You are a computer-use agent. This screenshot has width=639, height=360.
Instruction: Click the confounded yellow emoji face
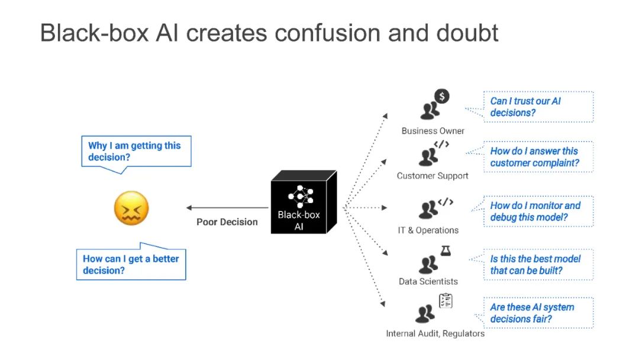[x=131, y=208]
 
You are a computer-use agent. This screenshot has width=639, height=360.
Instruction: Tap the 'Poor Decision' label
[x=227, y=222]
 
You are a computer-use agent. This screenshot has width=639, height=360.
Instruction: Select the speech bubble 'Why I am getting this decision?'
[x=135, y=152]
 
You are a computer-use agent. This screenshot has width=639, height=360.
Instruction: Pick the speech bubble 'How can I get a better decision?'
[x=131, y=265]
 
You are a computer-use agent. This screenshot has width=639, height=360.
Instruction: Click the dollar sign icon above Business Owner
[x=441, y=96]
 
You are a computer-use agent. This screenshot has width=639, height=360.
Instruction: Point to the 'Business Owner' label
[x=433, y=131]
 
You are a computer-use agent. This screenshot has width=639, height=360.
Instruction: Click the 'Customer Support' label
[x=433, y=176]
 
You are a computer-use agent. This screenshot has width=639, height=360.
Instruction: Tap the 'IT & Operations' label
[x=428, y=230]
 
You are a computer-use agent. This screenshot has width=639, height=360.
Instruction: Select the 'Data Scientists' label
[x=428, y=281]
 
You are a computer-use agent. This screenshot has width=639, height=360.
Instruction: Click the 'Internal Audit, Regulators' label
[x=435, y=333]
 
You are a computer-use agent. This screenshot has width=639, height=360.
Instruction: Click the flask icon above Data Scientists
[x=446, y=251]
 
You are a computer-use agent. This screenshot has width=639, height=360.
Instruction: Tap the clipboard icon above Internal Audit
[x=446, y=301]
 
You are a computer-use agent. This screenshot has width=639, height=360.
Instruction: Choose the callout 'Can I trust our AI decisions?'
[x=538, y=107]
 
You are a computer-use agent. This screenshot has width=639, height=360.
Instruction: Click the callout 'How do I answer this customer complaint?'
[x=538, y=157]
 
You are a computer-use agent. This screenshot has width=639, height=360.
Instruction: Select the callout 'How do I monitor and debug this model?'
[x=538, y=211]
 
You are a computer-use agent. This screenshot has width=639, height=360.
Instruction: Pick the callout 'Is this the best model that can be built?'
[x=538, y=265]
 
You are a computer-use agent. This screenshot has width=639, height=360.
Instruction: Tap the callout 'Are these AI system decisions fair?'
[x=538, y=313]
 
